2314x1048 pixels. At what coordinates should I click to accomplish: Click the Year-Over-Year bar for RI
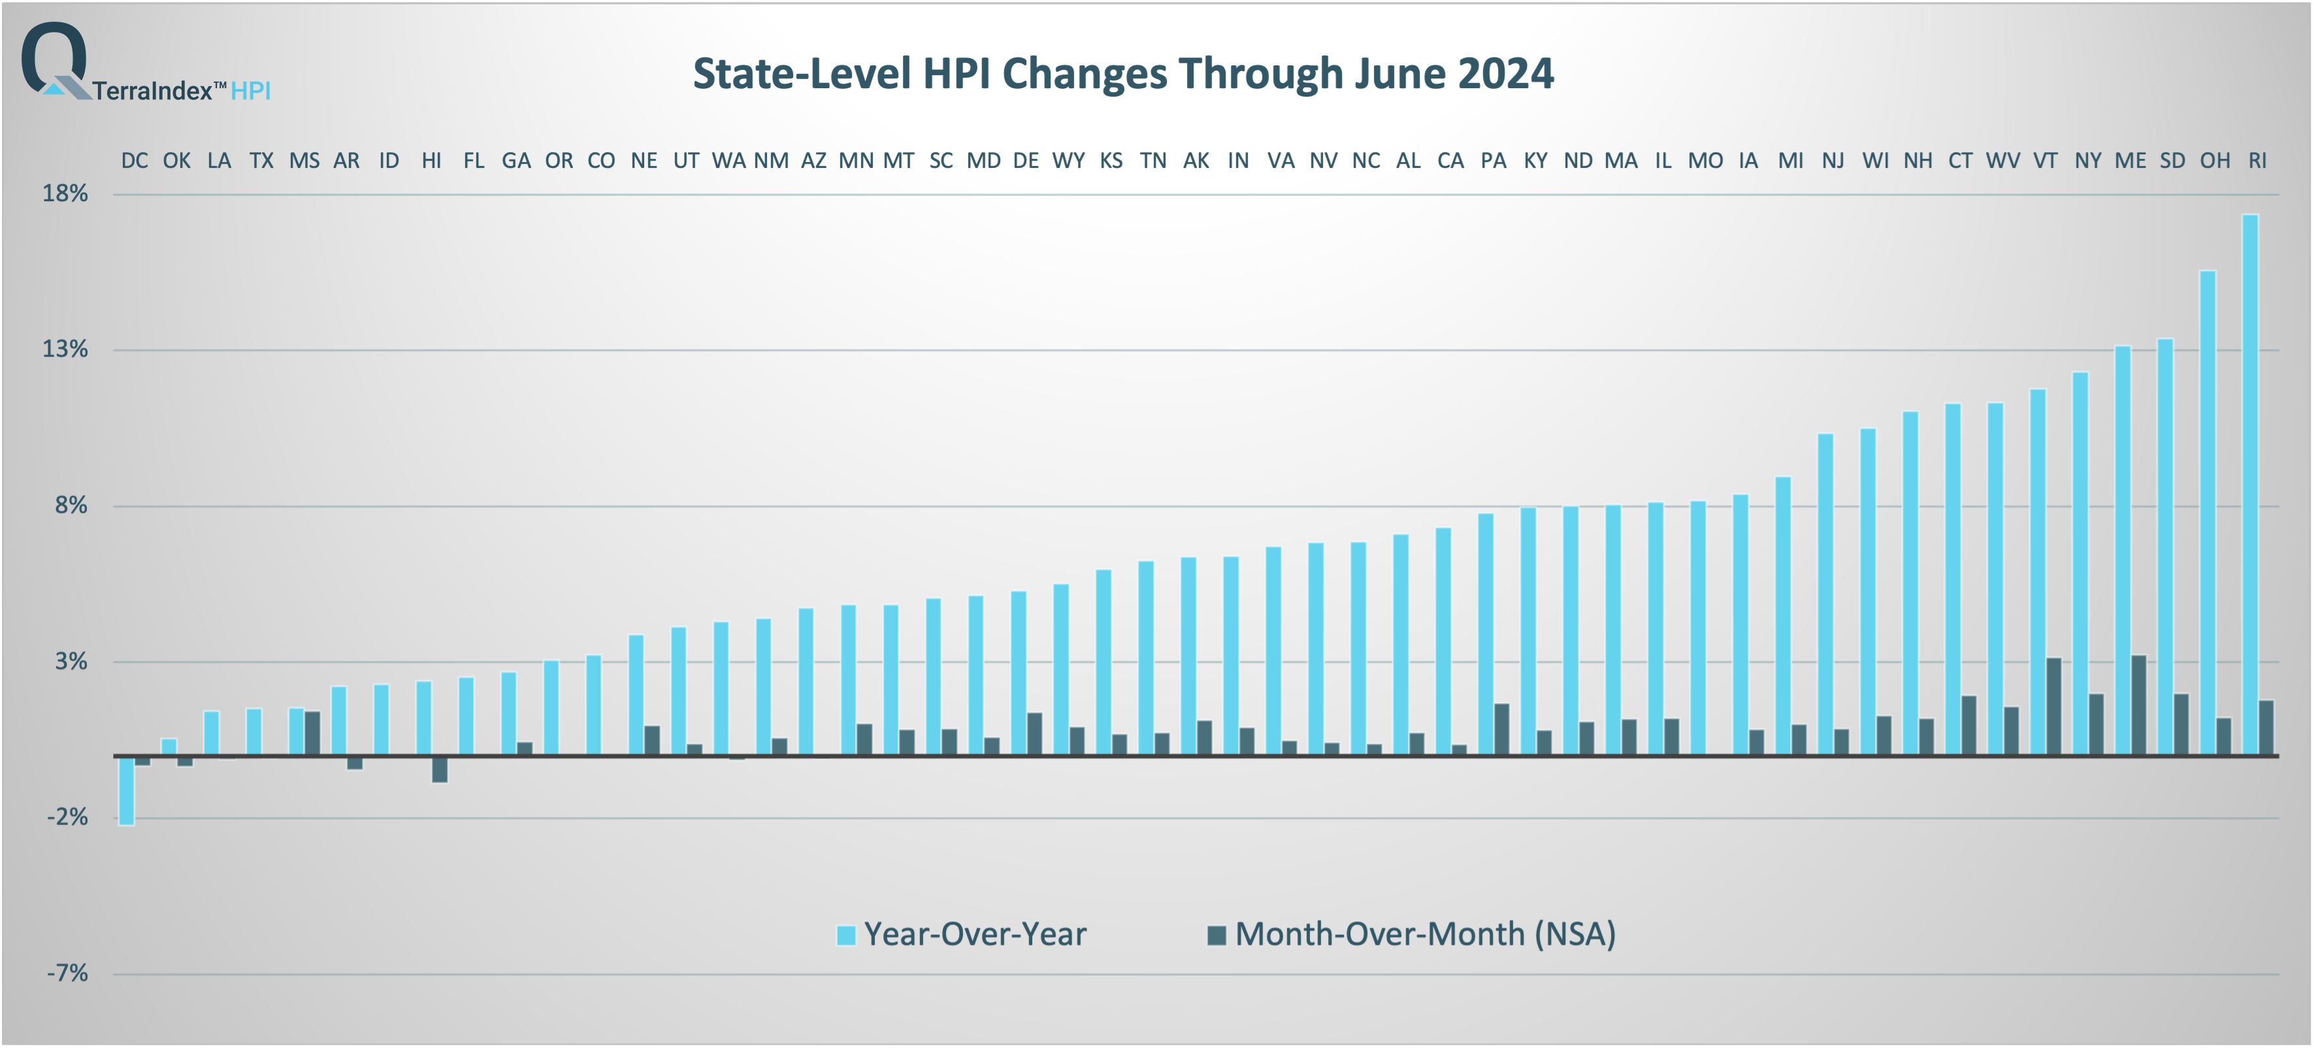[2249, 485]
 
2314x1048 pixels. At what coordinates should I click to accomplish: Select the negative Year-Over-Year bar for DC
[127, 791]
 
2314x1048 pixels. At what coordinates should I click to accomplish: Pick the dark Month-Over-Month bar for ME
[2139, 705]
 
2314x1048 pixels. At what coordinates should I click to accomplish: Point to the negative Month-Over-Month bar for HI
[439, 770]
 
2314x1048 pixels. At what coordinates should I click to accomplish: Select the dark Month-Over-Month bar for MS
[312, 733]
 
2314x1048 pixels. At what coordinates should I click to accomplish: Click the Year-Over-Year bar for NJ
[1825, 595]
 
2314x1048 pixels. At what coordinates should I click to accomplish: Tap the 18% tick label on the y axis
[65, 194]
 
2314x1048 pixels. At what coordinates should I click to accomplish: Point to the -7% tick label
[67, 974]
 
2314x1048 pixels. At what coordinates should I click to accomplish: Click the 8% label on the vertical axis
[71, 506]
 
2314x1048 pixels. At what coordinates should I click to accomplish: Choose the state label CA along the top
[1450, 161]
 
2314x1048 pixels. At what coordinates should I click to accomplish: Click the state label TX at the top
[261, 161]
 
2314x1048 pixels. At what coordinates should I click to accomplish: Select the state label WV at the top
[2002, 161]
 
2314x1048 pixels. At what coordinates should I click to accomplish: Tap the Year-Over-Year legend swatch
[845, 935]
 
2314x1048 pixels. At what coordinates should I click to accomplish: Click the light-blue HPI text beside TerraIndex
[251, 91]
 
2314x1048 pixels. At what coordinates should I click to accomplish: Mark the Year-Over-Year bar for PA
[1486, 634]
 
